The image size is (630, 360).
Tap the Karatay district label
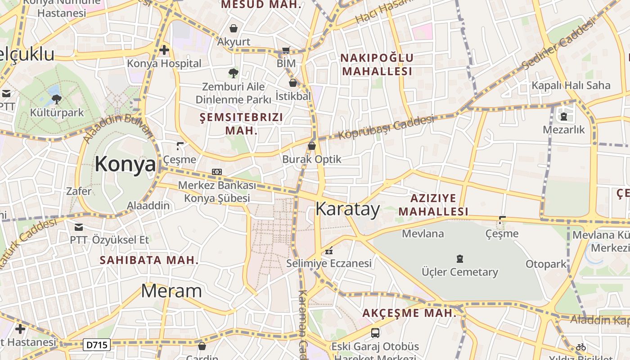[x=347, y=209]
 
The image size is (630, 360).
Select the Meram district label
[x=171, y=291]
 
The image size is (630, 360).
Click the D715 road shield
[x=97, y=345]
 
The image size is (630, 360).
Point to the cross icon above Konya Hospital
[x=164, y=50]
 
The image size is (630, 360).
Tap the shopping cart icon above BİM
[x=286, y=50]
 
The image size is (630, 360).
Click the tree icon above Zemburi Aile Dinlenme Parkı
[x=233, y=73]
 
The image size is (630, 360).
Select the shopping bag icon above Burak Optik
[x=311, y=146]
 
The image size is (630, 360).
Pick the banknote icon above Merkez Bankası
[x=217, y=172]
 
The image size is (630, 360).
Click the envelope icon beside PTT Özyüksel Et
[x=79, y=227]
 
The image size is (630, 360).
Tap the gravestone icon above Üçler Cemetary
[x=459, y=259]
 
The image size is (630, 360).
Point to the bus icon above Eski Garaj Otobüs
[x=375, y=333]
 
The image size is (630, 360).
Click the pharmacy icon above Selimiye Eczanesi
[x=329, y=250]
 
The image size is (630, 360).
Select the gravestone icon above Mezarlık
[x=563, y=117]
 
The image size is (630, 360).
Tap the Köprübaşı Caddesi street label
[x=386, y=127]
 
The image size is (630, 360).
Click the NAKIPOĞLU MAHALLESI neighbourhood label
[x=377, y=64]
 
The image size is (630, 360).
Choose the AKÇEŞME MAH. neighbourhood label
[x=409, y=313]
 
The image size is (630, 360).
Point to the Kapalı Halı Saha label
[x=571, y=85]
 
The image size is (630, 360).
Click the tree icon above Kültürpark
[x=57, y=99]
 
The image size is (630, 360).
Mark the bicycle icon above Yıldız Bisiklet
[x=581, y=347]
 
